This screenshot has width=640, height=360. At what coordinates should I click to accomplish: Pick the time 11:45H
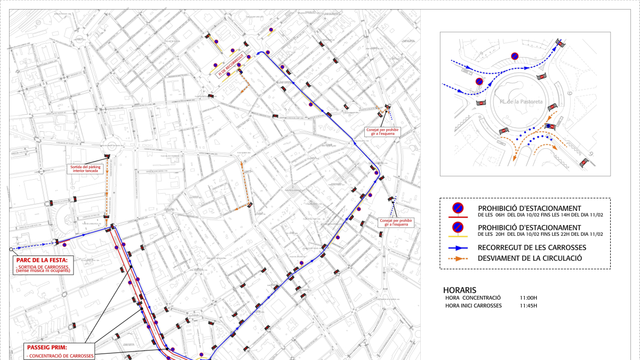click(529, 306)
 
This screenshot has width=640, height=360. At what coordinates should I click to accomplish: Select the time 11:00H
click(529, 297)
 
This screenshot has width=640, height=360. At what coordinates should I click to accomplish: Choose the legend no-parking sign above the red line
click(458, 209)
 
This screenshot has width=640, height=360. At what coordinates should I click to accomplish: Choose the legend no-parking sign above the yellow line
click(458, 228)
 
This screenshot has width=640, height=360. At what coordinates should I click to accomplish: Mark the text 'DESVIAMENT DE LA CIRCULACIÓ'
click(529, 258)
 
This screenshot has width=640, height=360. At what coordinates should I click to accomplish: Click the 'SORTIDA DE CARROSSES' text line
click(43, 266)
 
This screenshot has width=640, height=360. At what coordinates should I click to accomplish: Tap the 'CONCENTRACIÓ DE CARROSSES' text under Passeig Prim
click(60, 356)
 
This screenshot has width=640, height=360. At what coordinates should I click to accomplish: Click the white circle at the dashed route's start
click(11, 249)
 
